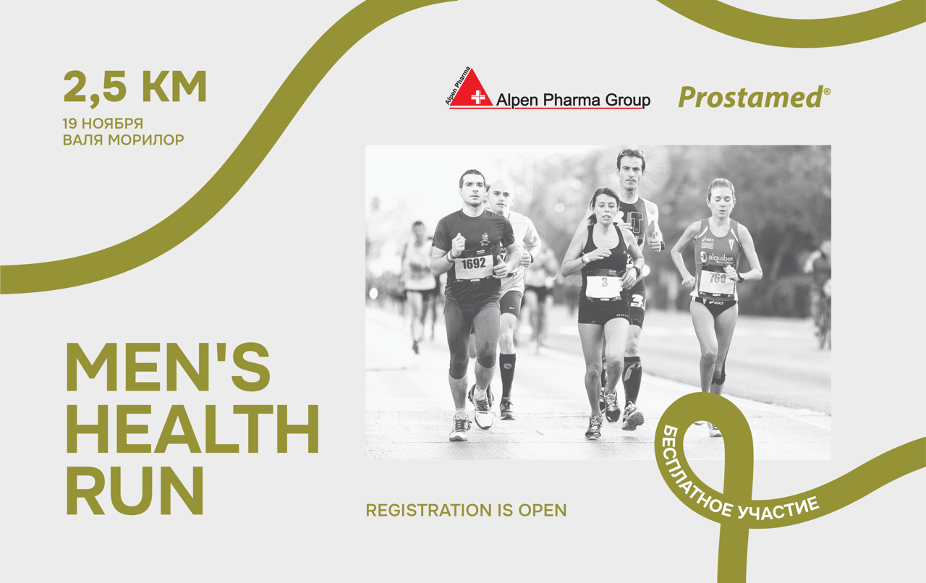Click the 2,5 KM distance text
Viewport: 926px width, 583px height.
click(135, 87)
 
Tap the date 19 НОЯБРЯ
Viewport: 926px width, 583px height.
click(103, 123)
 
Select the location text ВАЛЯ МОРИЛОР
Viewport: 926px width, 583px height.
click(124, 140)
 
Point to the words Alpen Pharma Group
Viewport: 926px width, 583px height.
click(573, 100)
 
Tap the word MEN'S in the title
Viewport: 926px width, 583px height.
click(169, 367)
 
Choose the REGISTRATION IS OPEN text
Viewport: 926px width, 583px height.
click(466, 510)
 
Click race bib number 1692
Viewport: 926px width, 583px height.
click(474, 264)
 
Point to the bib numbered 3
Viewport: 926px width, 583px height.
click(604, 283)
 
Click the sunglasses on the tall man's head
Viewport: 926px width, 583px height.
click(631, 153)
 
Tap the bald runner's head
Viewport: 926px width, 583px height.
click(500, 194)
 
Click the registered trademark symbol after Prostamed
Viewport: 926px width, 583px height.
click(827, 92)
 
